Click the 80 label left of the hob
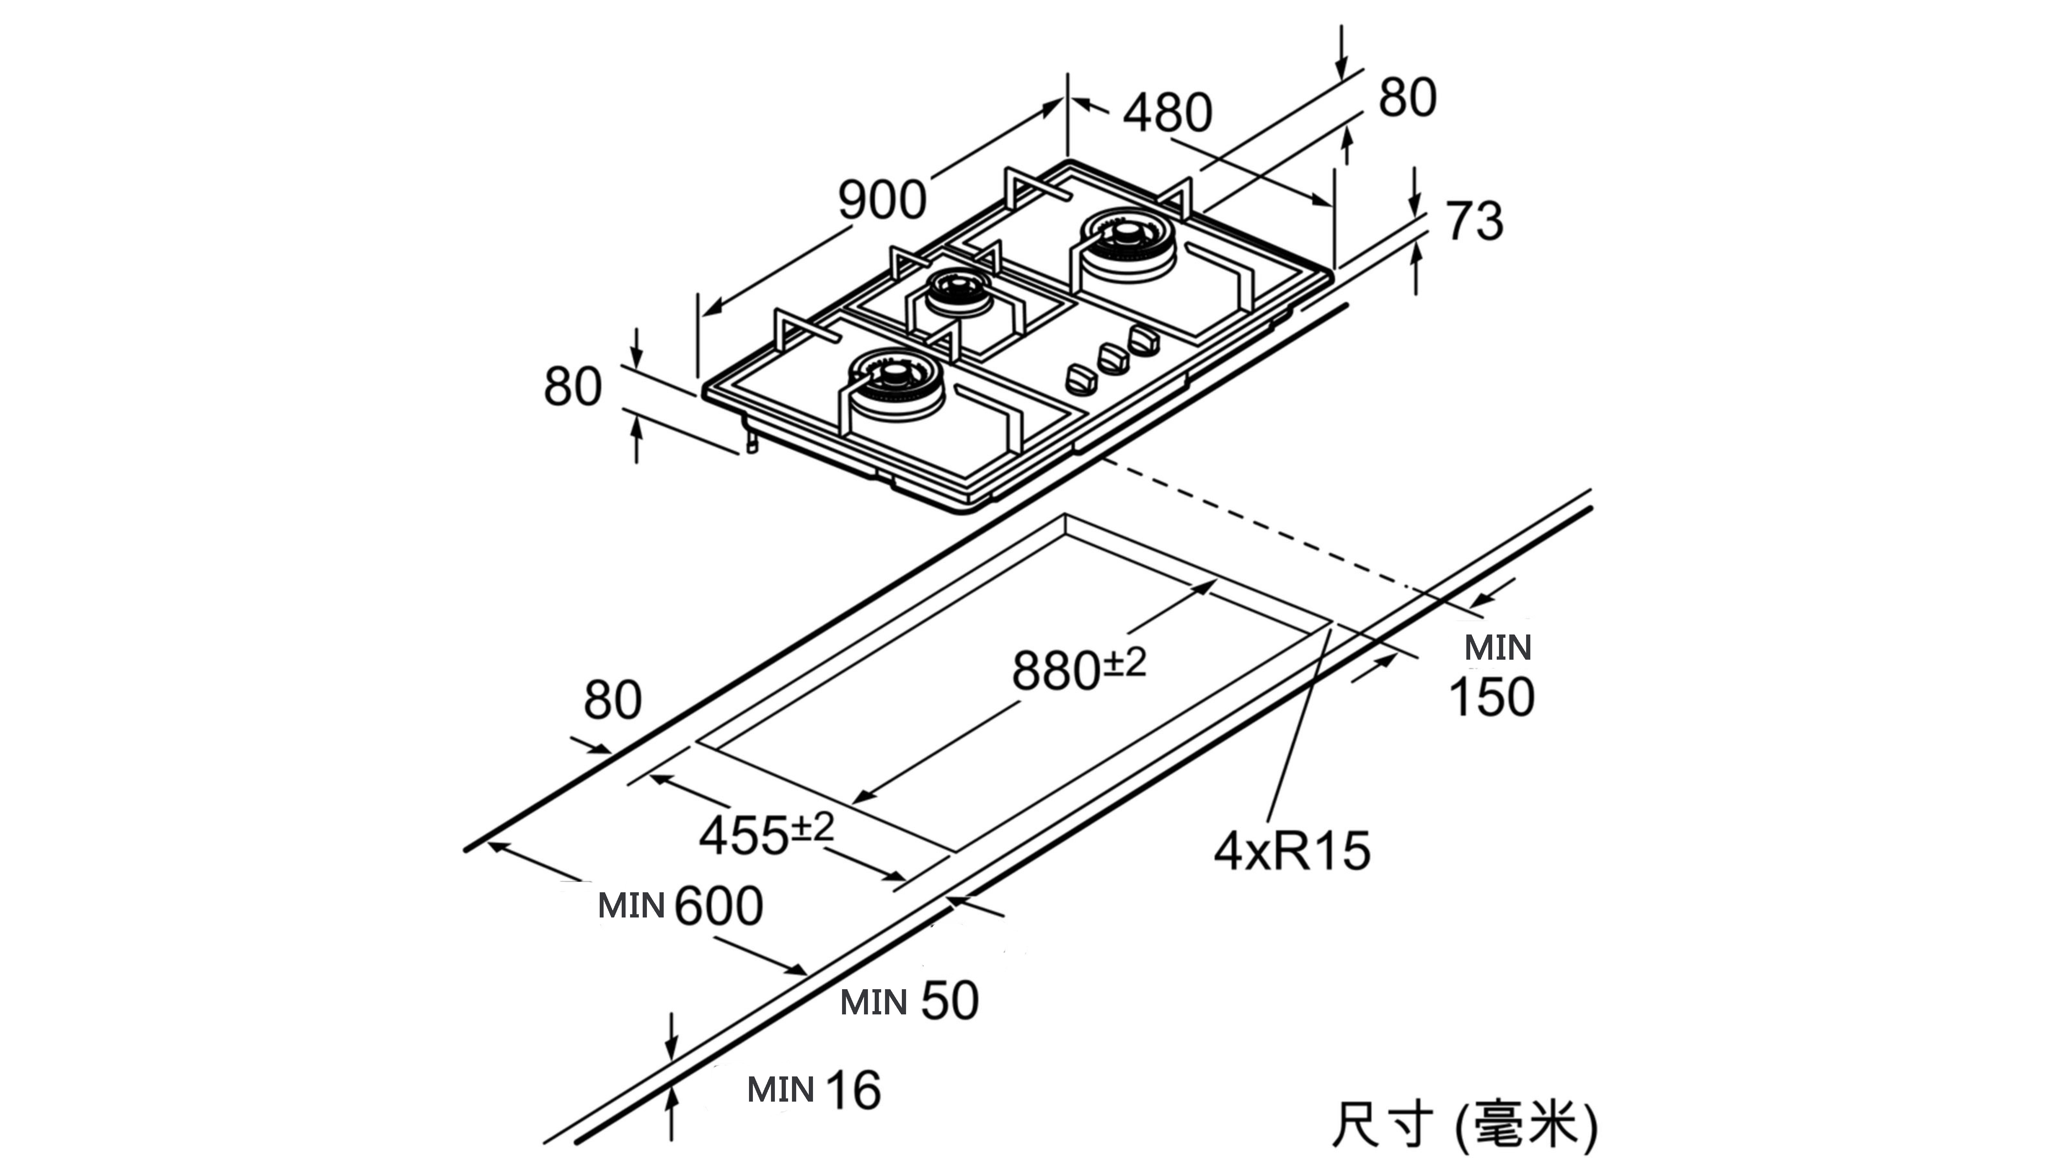tap(572, 387)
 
